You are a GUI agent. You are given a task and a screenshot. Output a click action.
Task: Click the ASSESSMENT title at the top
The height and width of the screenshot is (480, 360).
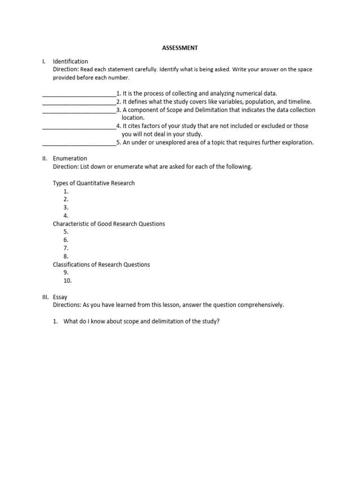point(180,48)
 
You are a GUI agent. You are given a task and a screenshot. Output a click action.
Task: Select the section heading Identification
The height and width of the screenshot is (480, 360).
point(70,61)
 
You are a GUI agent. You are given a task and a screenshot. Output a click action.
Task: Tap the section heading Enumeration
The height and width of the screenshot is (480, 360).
point(70,158)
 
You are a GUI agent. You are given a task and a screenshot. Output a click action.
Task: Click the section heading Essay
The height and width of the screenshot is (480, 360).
point(60,297)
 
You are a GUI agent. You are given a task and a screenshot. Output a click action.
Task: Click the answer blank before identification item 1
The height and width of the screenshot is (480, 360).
point(79,94)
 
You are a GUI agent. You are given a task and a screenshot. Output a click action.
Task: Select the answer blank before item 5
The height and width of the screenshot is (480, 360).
point(79,142)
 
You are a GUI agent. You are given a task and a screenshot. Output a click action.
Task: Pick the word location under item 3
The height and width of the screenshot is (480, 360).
point(133,118)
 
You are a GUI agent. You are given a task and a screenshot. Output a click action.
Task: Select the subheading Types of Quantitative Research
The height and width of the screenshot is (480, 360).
point(94,183)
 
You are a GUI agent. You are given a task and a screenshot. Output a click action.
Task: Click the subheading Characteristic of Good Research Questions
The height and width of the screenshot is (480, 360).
point(109,224)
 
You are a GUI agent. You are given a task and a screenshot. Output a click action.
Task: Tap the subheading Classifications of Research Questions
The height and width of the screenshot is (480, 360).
point(101,264)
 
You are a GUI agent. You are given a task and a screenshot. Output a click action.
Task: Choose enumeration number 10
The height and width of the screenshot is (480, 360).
point(67,281)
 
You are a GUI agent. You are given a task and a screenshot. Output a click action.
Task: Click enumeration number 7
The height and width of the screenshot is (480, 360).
point(66,248)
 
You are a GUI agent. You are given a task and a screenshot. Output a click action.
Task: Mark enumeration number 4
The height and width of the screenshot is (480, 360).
point(66,216)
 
